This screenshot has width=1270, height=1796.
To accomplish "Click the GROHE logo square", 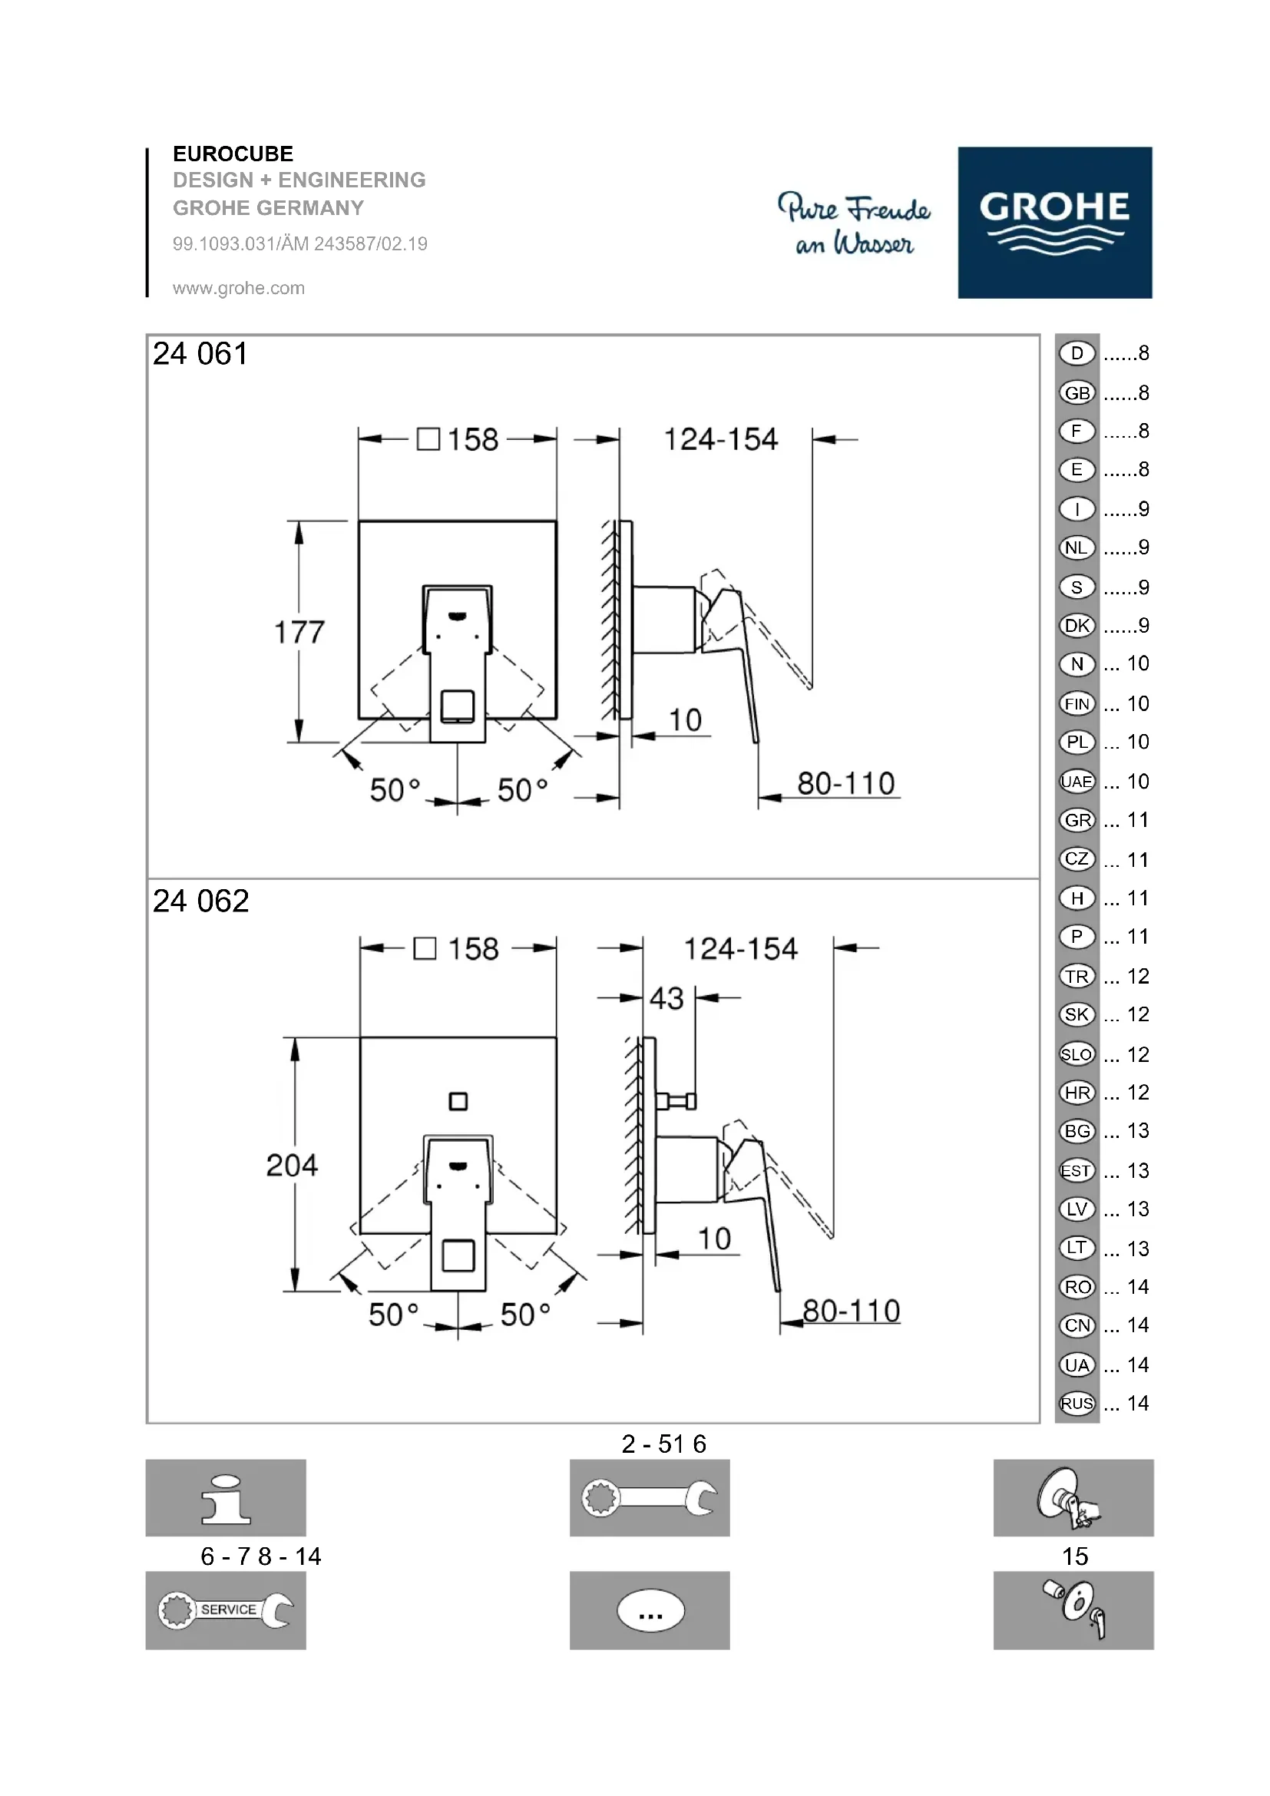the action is pos(1054,222).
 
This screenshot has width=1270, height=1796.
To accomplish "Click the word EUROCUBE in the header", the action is pos(233,154).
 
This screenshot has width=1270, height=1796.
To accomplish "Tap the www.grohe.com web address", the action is pos(239,288).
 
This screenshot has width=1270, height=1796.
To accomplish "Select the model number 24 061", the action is pos(200,353).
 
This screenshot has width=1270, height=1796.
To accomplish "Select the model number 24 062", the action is pos(201,901).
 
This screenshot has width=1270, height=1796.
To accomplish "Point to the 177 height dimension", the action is pos(299,632).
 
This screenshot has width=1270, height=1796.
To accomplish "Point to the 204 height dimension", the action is pos(293,1166).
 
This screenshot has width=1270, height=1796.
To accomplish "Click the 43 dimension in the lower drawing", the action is pos(666,999).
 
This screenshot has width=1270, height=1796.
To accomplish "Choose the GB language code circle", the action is pos(1077,392).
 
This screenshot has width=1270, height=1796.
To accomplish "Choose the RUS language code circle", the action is pos(1077,1404).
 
